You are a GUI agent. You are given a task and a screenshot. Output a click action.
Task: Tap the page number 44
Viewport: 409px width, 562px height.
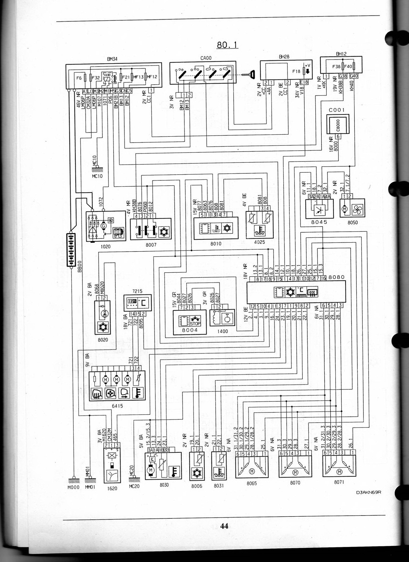[x=224, y=526]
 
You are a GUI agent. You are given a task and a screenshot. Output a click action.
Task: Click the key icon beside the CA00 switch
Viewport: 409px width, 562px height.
[x=249, y=75]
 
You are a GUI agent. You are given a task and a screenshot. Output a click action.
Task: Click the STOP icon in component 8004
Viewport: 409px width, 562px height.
[x=195, y=321]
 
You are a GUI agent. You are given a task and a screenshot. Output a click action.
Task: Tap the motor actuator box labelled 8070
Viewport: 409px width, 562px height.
[x=295, y=467]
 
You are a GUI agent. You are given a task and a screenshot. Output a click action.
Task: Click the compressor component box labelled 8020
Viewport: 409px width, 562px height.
[x=103, y=318]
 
